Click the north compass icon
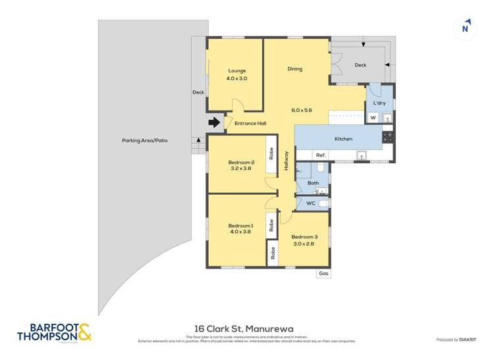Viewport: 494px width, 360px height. coord(466,27)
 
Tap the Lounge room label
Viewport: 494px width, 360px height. coord(237,70)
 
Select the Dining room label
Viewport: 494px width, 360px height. coord(294,68)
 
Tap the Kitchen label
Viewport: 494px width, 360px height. coord(343,139)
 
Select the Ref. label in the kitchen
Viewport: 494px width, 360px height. coord(321,155)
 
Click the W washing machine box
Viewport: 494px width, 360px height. coord(373,118)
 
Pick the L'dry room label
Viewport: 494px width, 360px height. coord(379,103)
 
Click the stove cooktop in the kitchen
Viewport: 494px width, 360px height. coord(388,138)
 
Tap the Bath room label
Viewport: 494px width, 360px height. coord(313,183)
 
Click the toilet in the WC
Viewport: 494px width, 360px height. coord(323,204)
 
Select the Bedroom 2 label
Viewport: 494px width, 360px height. coord(241,163)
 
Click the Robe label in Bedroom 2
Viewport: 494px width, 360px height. coord(271,153)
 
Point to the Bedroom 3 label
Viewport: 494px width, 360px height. coord(304,237)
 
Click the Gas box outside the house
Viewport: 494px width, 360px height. coord(323,273)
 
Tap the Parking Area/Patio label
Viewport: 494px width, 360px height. coord(144,141)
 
